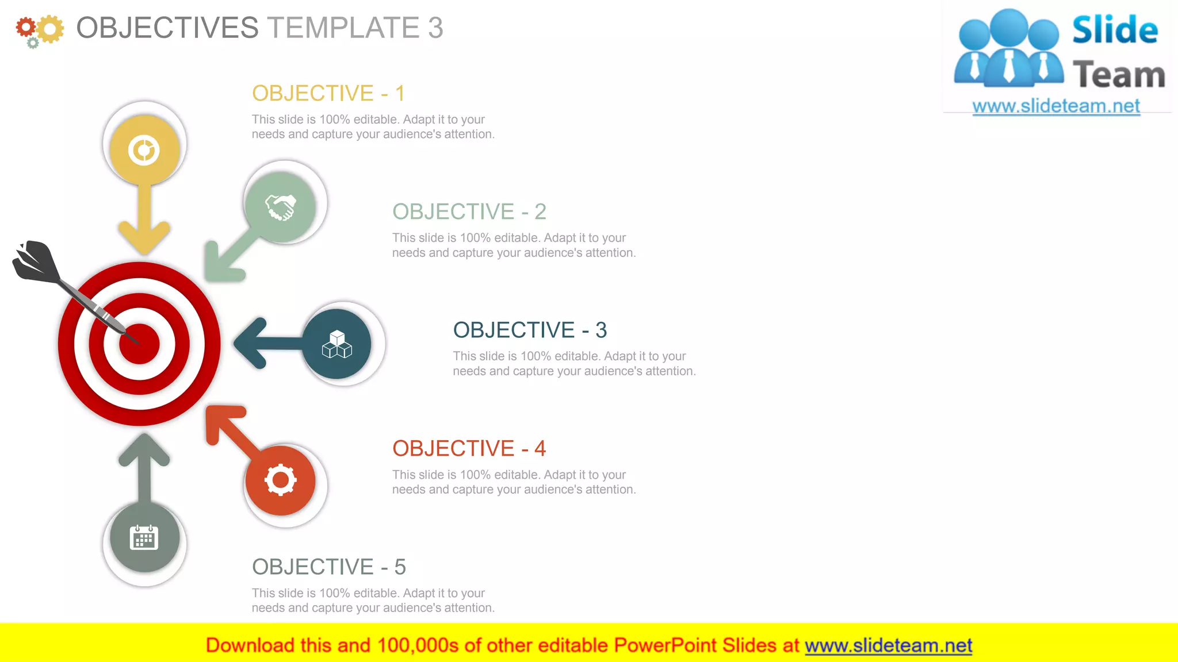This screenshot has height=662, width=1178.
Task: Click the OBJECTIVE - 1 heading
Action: click(x=328, y=93)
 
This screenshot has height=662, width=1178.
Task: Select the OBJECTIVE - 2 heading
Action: click(x=469, y=211)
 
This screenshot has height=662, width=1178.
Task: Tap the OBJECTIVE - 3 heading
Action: click(x=530, y=330)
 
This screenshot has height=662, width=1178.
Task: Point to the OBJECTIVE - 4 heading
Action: click(x=469, y=448)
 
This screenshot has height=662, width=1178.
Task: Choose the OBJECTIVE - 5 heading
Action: click(x=328, y=567)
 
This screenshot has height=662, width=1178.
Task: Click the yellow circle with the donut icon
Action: click(x=144, y=150)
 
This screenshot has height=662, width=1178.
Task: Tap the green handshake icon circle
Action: click(x=280, y=207)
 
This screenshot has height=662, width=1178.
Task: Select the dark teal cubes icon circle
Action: click(x=337, y=344)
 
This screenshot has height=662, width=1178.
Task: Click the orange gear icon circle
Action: click(x=280, y=480)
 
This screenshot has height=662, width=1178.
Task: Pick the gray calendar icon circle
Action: click(x=144, y=538)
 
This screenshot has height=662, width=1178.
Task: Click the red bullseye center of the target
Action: click(x=139, y=344)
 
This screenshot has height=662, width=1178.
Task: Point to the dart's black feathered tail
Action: click(x=35, y=261)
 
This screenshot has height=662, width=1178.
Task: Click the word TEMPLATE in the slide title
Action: click(x=343, y=28)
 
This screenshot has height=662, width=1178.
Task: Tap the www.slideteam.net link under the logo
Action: click(x=1056, y=106)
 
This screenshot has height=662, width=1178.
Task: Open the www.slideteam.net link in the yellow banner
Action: click(x=888, y=645)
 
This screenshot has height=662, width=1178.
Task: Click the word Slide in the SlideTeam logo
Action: click(x=1115, y=30)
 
